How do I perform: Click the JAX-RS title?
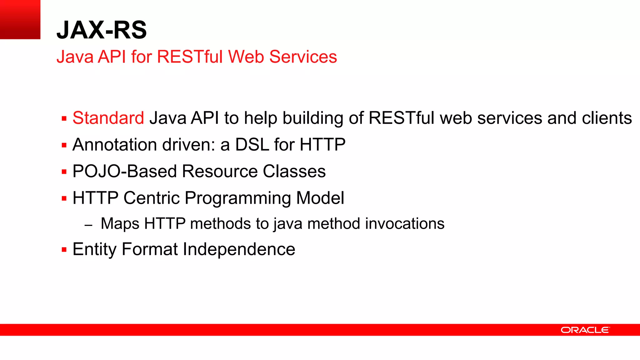coord(102,30)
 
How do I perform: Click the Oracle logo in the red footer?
coord(585,330)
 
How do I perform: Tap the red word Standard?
coord(108,118)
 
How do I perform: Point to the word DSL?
coord(252,145)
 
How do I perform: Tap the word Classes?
coord(294,172)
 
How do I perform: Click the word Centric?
coord(152,198)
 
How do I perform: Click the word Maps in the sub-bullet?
coord(120,224)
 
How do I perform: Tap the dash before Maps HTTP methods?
coord(88,225)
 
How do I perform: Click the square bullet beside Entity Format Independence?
coord(64,250)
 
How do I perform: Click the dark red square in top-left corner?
coord(20,19)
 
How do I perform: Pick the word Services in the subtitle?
coord(303,57)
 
